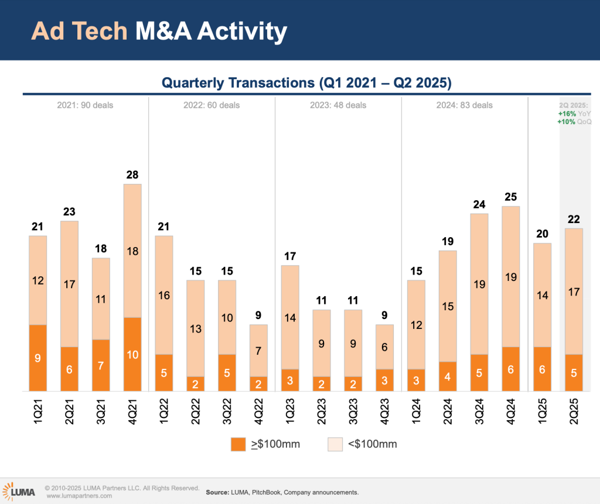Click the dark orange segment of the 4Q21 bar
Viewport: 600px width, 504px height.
(x=132, y=354)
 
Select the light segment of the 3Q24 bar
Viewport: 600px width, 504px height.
(x=479, y=284)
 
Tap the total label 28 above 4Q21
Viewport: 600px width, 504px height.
(x=132, y=174)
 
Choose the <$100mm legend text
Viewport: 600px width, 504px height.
(x=373, y=444)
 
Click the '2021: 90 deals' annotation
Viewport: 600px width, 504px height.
(x=85, y=105)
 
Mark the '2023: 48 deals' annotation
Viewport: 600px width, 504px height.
(x=338, y=105)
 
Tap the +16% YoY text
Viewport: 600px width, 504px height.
(x=575, y=114)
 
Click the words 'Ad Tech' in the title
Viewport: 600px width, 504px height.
(x=79, y=31)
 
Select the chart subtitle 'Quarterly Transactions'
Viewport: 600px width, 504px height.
(x=238, y=83)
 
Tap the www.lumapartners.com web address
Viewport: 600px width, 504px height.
(x=80, y=496)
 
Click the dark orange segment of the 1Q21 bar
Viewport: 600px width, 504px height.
(x=37, y=358)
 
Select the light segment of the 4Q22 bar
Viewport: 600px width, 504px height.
(x=259, y=350)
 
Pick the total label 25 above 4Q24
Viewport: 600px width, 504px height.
(x=510, y=197)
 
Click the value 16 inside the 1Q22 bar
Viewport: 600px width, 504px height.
(x=164, y=295)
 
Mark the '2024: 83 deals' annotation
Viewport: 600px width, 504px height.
(x=465, y=105)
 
